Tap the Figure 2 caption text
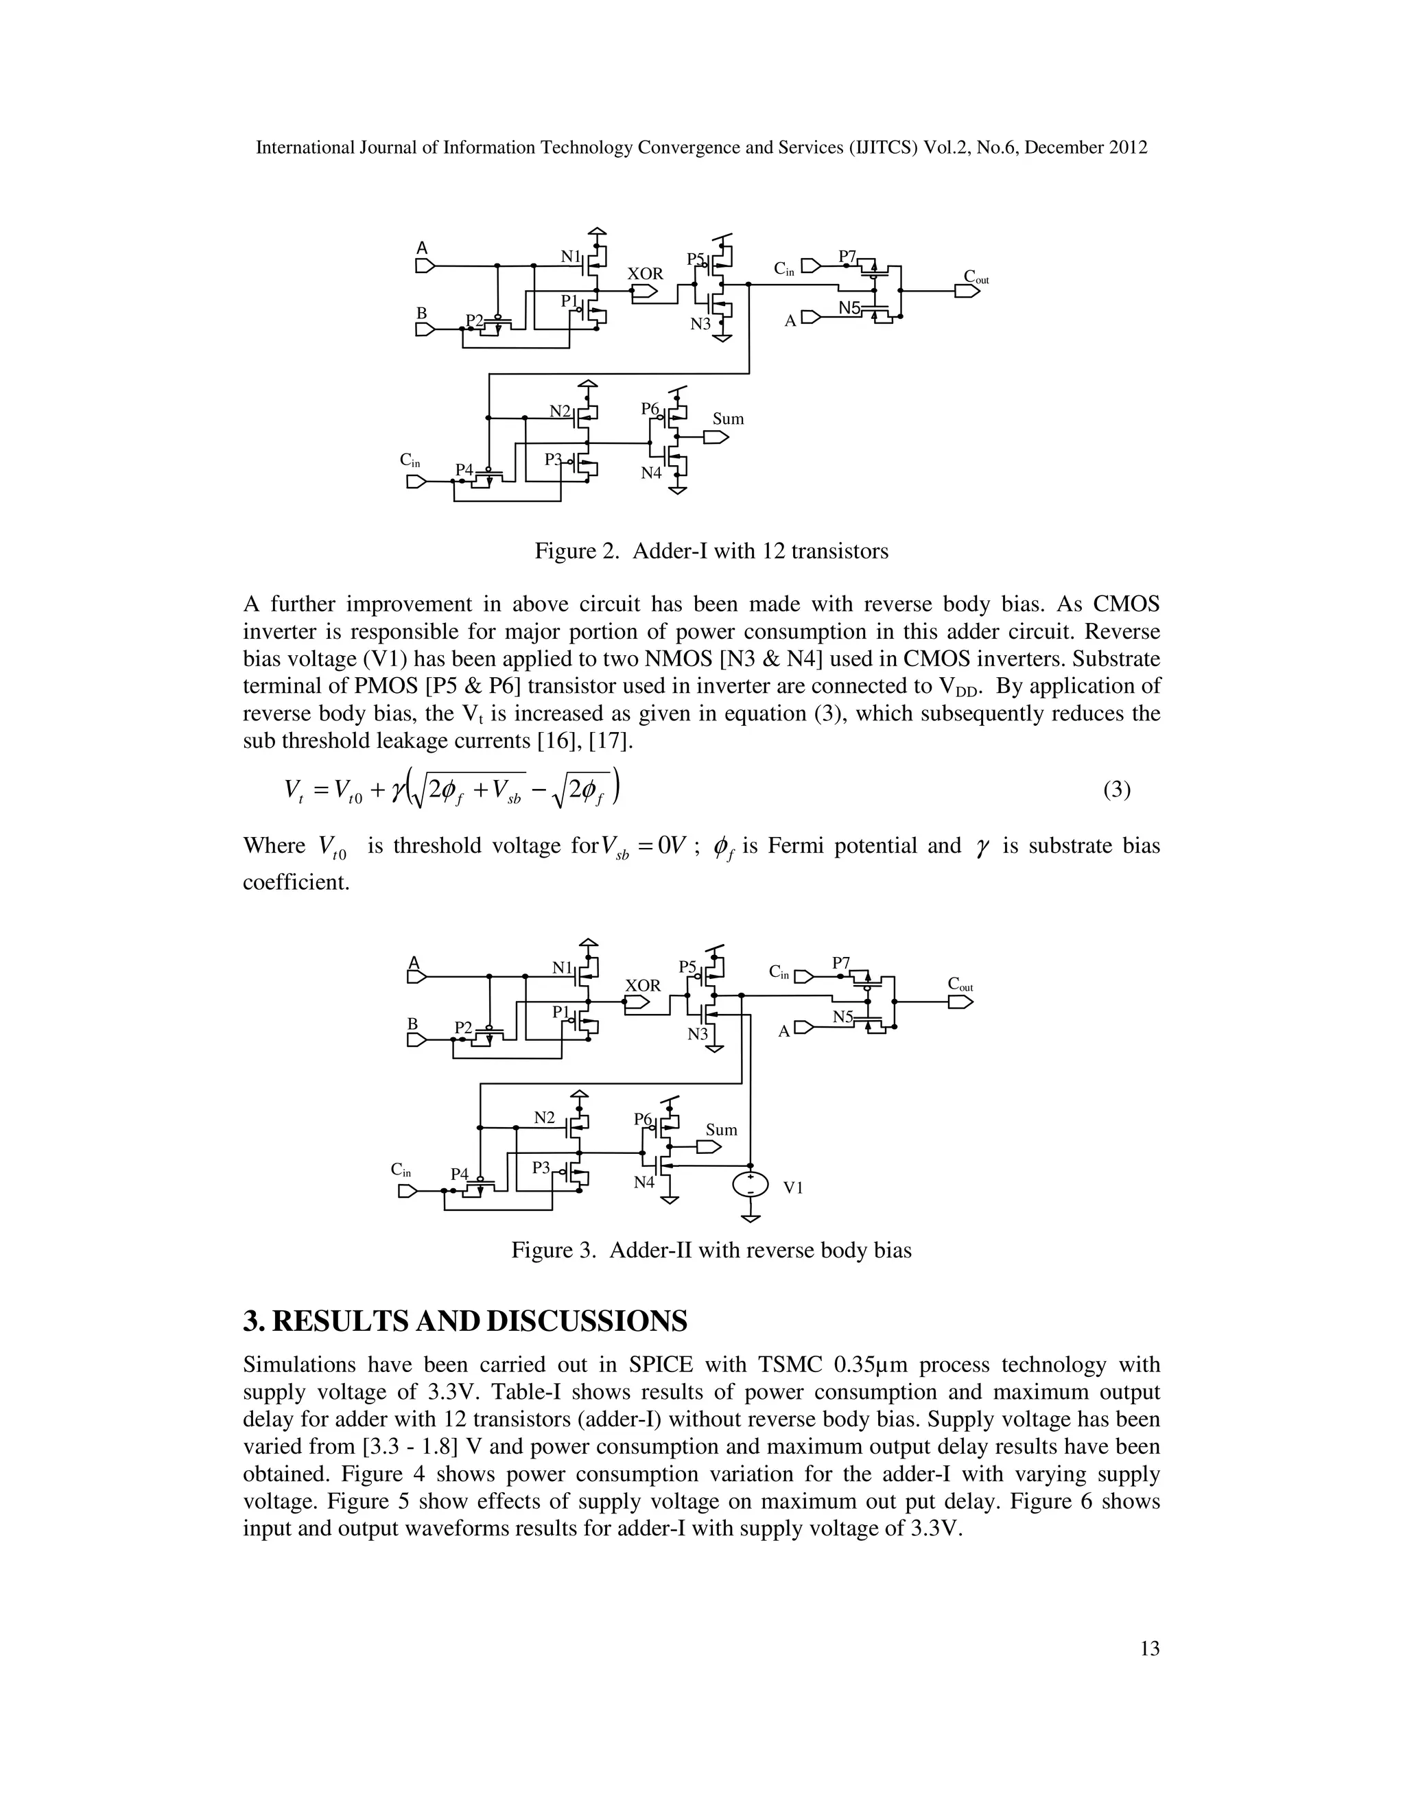point(711,551)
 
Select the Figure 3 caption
point(711,1250)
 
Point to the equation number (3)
point(1116,789)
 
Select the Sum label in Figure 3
point(721,1130)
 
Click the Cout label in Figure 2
point(975,276)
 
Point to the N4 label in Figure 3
point(644,1182)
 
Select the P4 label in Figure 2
point(464,471)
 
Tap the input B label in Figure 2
point(421,313)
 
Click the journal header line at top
point(702,148)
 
